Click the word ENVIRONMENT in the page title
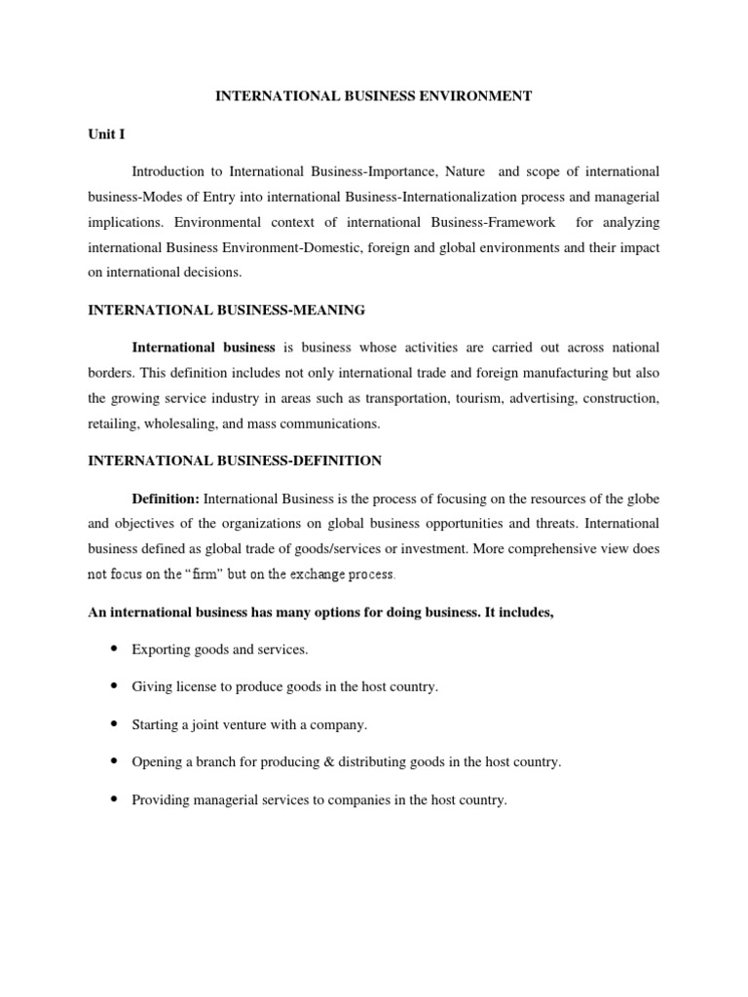coord(470,95)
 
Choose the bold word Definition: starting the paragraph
coord(166,498)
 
